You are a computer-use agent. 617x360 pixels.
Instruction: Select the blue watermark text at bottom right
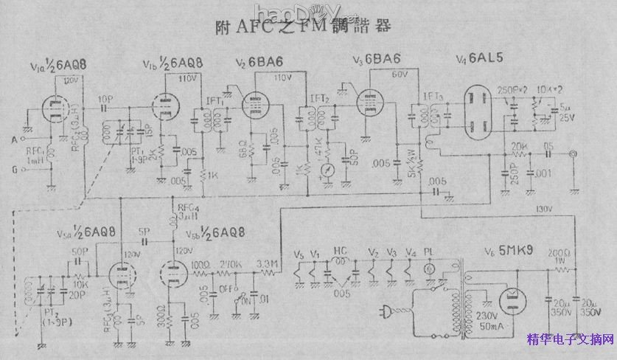pos(571,340)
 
